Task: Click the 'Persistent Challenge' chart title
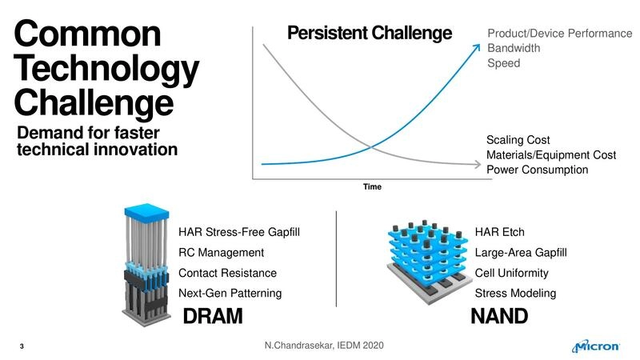click(x=370, y=34)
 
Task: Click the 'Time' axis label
click(x=372, y=187)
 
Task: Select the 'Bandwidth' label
click(x=514, y=48)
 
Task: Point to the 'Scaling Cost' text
click(x=518, y=140)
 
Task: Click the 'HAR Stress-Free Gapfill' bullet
click(x=243, y=233)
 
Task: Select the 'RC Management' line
click(x=220, y=253)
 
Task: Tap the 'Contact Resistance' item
click(x=227, y=274)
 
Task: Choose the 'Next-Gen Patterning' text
click(x=230, y=294)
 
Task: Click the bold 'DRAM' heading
click(x=213, y=317)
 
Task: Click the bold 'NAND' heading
click(x=498, y=317)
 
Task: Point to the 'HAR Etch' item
click(x=499, y=233)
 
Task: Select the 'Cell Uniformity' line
click(x=511, y=274)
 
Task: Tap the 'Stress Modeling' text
click(x=515, y=294)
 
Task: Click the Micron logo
click(x=596, y=346)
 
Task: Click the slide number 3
click(x=21, y=347)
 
